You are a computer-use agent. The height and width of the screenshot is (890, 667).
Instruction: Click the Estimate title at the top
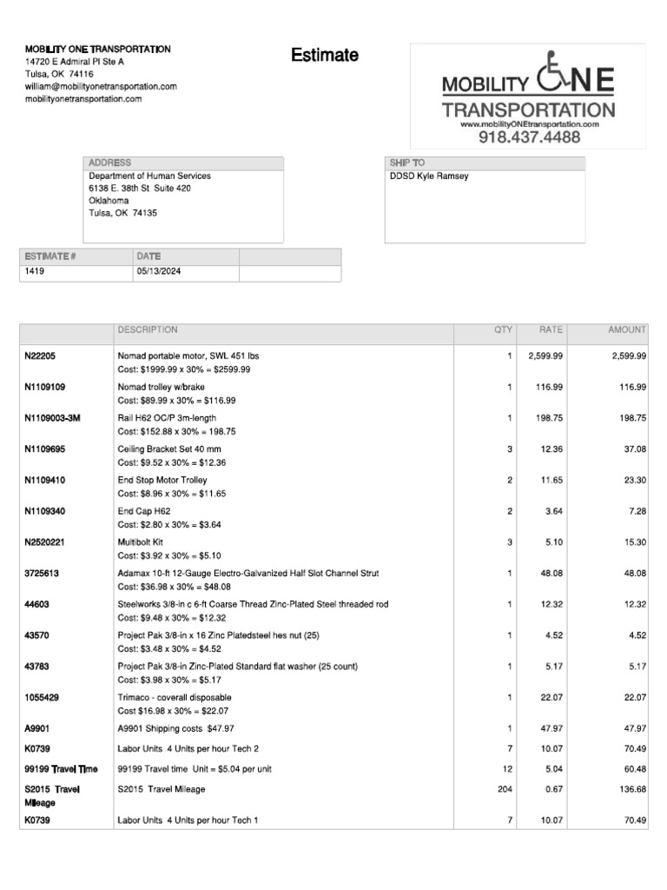(324, 56)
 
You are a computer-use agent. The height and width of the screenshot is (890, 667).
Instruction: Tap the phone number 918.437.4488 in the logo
(529, 137)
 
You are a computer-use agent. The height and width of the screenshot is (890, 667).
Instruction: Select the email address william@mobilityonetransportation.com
(101, 87)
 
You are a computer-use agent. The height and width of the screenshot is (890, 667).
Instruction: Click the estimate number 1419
(35, 272)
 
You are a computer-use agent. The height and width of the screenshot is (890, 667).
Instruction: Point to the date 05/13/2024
(158, 272)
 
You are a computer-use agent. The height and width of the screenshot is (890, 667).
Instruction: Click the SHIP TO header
(407, 163)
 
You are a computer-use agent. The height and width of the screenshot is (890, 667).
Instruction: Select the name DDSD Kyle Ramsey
(429, 176)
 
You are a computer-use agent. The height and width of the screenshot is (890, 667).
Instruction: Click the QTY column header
(504, 330)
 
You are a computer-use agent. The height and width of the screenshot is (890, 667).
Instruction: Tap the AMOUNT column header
(626, 330)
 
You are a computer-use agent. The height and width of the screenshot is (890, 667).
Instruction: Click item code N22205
(43, 356)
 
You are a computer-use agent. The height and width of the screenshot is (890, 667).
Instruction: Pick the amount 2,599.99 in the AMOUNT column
(628, 356)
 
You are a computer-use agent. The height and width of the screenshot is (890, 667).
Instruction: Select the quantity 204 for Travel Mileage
(504, 790)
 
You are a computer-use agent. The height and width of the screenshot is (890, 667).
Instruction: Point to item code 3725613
(42, 574)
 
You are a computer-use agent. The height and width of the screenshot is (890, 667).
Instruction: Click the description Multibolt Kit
(141, 542)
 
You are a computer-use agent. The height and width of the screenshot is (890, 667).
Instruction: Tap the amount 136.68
(631, 790)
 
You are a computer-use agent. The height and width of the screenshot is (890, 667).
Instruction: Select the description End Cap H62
(143, 511)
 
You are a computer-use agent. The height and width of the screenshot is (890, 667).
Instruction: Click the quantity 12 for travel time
(507, 769)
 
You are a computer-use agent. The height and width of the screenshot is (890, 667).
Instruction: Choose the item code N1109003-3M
(52, 418)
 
